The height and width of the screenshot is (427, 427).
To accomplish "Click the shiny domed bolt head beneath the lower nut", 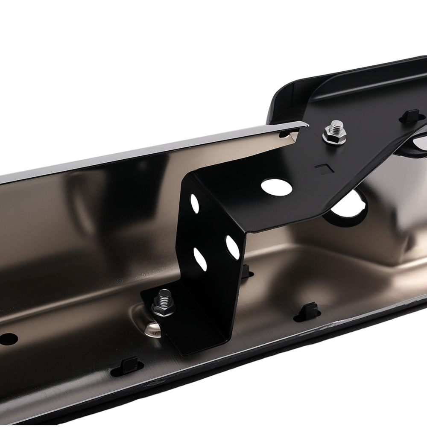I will coord(153,329).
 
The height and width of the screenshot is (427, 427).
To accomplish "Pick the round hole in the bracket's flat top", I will coord(277,186).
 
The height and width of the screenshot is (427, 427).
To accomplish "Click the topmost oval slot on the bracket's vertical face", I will coord(195,204).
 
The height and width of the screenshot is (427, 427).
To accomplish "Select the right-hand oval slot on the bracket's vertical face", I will coord(233,246).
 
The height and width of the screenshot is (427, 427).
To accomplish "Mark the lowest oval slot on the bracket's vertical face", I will coord(200,258).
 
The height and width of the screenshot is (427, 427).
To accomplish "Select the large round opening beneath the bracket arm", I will coord(348,209).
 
